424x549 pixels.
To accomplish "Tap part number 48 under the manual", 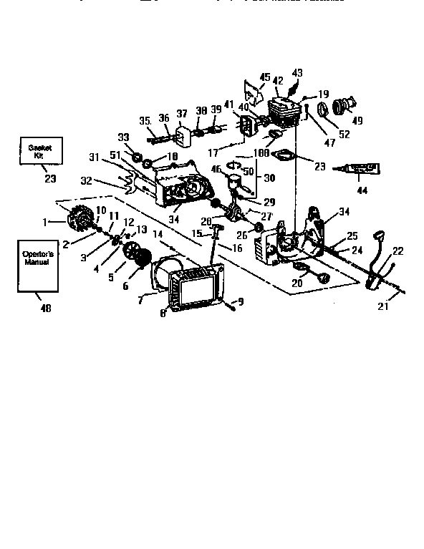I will coord(46,308).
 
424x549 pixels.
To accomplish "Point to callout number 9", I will coord(241,302).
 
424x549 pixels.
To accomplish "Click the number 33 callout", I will coord(122,137).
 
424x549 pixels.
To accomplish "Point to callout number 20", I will coord(296,282).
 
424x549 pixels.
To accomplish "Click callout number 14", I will coord(157,233).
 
